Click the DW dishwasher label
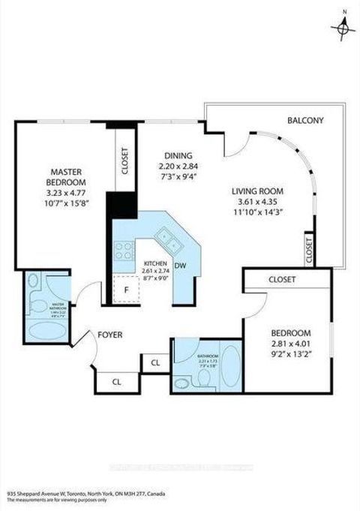(x=181, y=266)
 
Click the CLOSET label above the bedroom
(x=281, y=279)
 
